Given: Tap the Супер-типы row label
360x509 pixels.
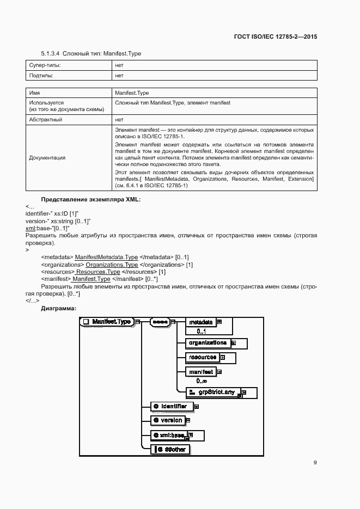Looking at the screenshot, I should [45, 66].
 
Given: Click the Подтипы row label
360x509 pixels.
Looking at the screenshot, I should [41, 76].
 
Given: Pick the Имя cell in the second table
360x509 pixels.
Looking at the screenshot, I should [34, 93].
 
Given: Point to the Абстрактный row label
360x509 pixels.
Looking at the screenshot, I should [46, 119].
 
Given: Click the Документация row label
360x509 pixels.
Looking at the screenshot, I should [47, 158].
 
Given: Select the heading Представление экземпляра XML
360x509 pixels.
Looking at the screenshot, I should [91, 200].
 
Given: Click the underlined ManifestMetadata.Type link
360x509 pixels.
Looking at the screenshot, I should [106, 257].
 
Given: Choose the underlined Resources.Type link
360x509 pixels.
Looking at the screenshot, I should [98, 272].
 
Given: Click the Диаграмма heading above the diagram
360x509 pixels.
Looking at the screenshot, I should [58, 308].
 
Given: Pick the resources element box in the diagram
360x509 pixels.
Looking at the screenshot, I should [202, 358].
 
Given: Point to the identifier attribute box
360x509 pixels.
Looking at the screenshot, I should [170, 406].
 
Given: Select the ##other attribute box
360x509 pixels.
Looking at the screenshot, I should [171, 449].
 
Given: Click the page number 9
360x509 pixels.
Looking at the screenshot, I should [315, 463].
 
